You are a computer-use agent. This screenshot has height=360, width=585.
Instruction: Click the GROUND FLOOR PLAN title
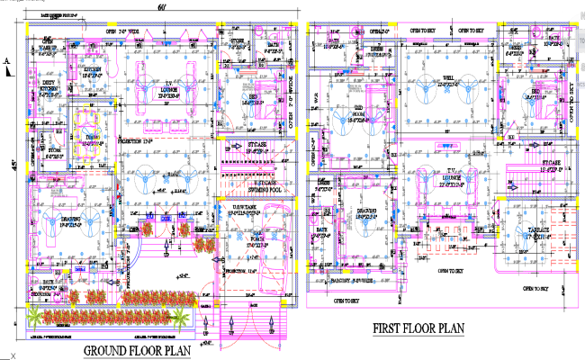tap(139, 350)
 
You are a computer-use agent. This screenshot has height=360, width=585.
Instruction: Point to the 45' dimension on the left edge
tap(13, 165)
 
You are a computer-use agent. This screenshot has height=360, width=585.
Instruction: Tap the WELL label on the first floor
tap(447, 78)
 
